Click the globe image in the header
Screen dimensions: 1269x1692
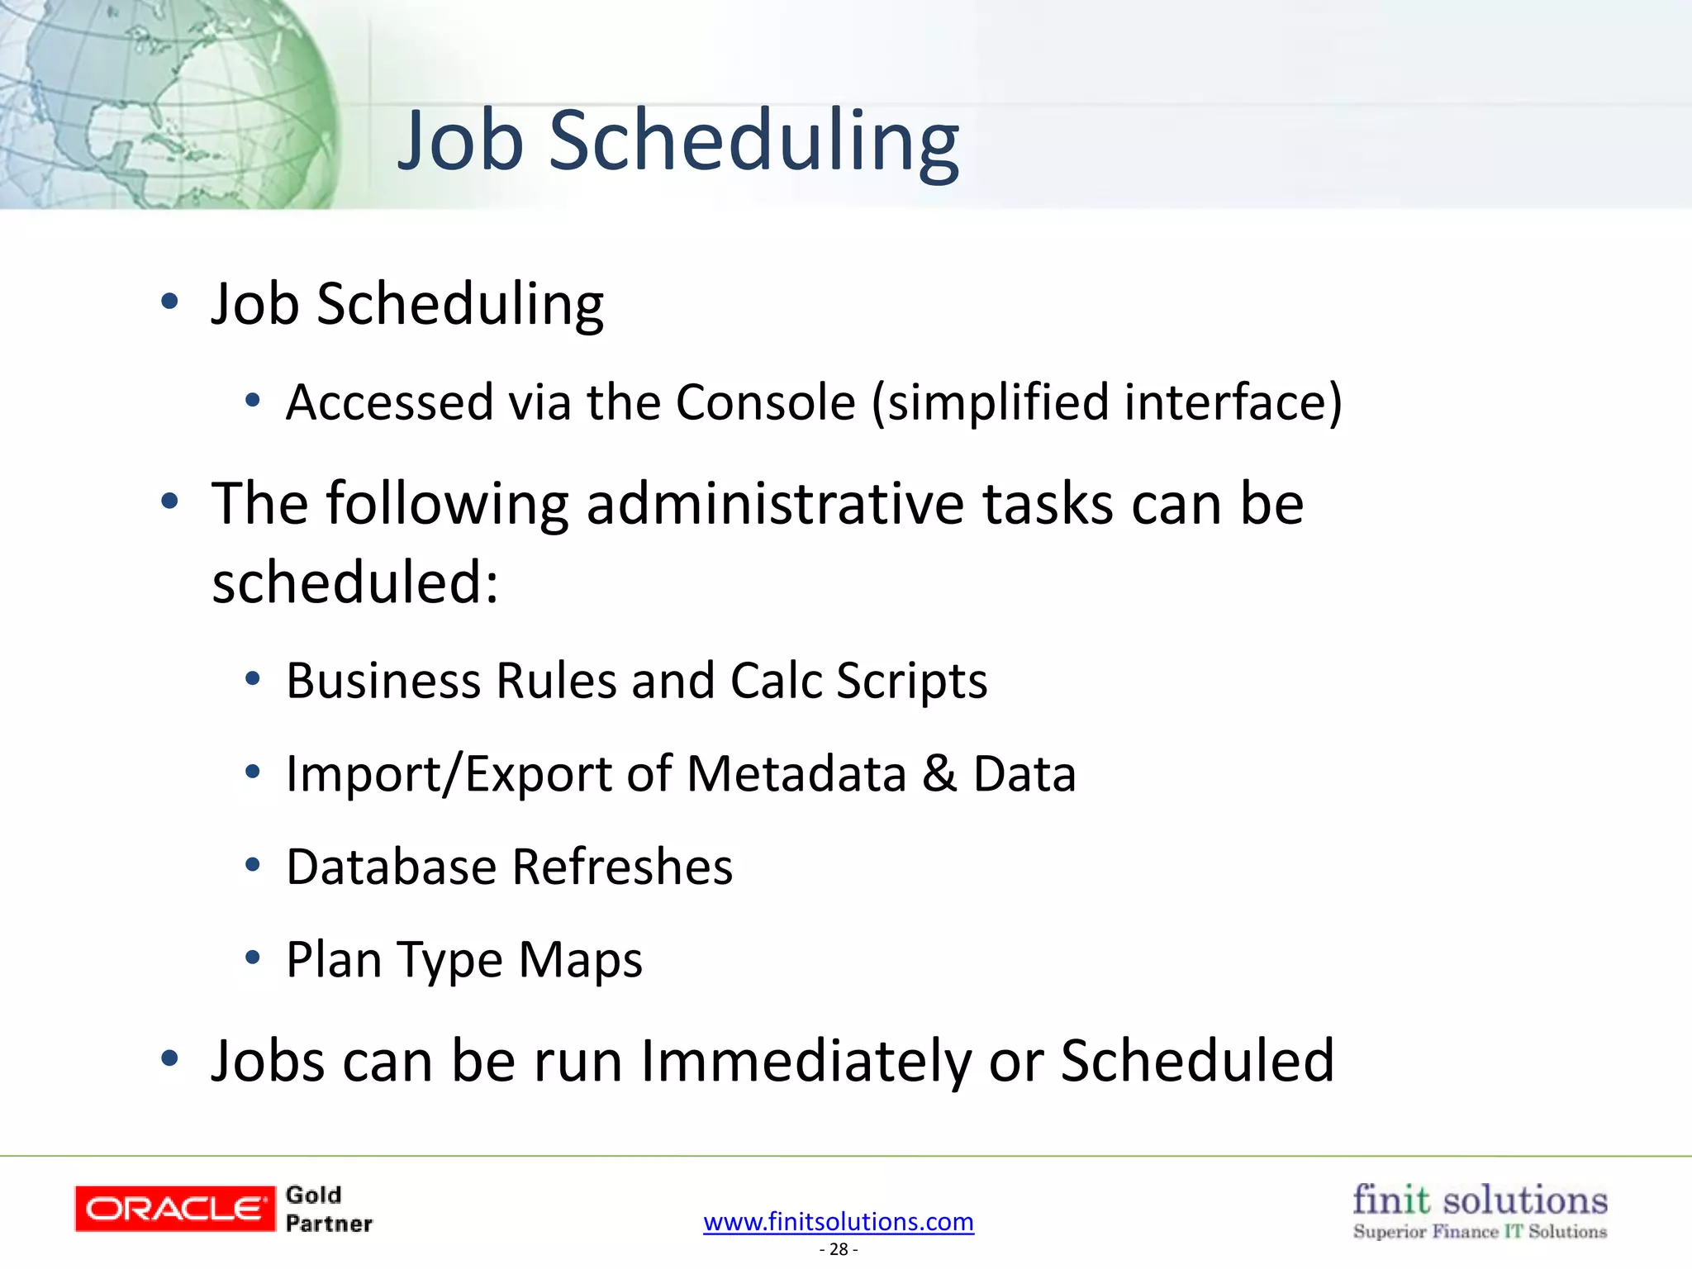pos(165,103)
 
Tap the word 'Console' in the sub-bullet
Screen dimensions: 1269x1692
pos(765,403)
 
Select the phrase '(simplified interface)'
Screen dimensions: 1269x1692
pos(1107,403)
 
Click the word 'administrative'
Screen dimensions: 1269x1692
pos(775,504)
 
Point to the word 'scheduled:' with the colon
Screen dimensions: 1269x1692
pos(355,582)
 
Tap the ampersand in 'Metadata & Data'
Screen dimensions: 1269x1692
pos(939,775)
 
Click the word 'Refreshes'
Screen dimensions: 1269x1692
pos(621,867)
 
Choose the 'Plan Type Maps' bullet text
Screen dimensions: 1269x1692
pos(463,960)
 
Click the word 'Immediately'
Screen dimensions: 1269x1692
pos(806,1062)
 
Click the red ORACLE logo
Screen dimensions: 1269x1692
pos(173,1209)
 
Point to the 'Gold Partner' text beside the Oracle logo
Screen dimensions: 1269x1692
pos(328,1210)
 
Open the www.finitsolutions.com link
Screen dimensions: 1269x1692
pos(838,1222)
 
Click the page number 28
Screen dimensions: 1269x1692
pos(838,1250)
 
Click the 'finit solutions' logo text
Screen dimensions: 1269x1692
pos(1479,1200)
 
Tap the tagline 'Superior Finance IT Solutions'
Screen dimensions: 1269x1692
pos(1479,1232)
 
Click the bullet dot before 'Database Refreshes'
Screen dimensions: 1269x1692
pos(253,865)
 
